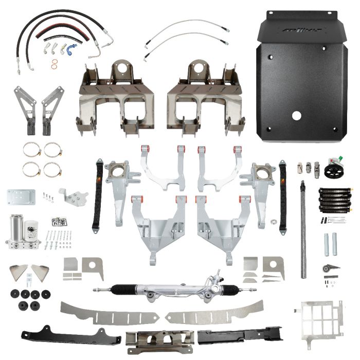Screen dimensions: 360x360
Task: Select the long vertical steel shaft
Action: [x=303, y=221]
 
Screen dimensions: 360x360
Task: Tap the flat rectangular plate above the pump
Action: [x=21, y=196]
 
